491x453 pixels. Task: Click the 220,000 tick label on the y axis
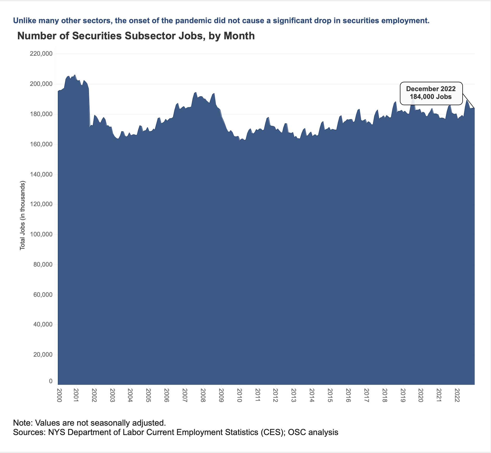click(42, 54)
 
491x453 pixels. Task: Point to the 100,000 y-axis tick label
click(42, 234)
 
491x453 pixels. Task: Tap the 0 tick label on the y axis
click(51, 381)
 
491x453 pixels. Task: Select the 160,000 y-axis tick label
click(42, 144)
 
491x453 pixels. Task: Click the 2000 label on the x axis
click(59, 395)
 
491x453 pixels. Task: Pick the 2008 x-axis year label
click(203, 395)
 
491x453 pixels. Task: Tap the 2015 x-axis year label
click(330, 395)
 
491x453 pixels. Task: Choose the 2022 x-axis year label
click(457, 395)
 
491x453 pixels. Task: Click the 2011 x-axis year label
click(257, 395)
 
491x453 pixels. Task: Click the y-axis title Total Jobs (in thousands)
click(23, 215)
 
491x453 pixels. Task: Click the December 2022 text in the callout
click(431, 89)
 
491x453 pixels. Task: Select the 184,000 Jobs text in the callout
click(431, 97)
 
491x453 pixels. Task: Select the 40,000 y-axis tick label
click(43, 324)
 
